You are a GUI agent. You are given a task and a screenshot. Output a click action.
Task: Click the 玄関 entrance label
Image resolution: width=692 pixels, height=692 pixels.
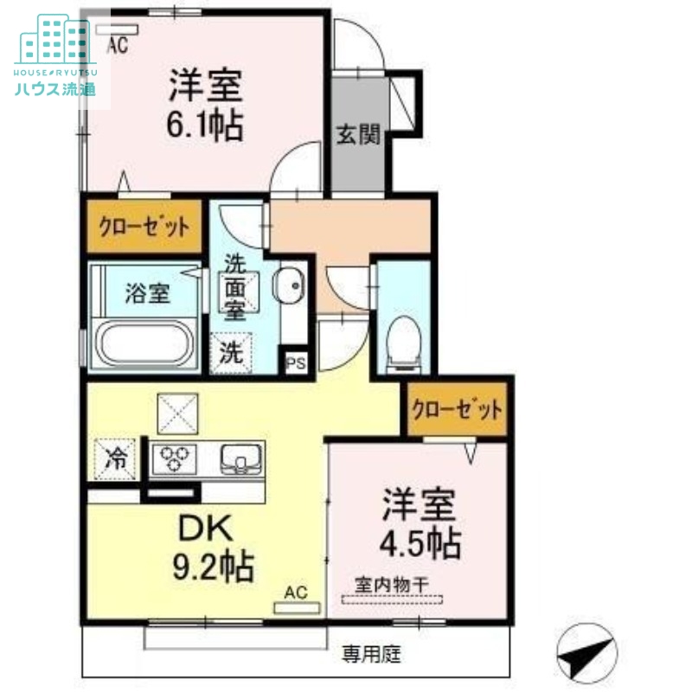(358, 136)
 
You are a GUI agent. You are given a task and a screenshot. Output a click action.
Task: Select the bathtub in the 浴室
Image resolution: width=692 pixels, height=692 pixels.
(143, 345)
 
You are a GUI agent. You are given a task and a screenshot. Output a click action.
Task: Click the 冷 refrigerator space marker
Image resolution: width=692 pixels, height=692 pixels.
(116, 457)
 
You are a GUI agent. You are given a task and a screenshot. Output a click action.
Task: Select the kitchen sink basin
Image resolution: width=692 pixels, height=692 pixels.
(240, 456)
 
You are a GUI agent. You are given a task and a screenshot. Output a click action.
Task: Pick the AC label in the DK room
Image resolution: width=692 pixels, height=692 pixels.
(296, 593)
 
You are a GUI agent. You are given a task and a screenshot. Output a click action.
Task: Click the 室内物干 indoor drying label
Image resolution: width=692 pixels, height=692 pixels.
(392, 585)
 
